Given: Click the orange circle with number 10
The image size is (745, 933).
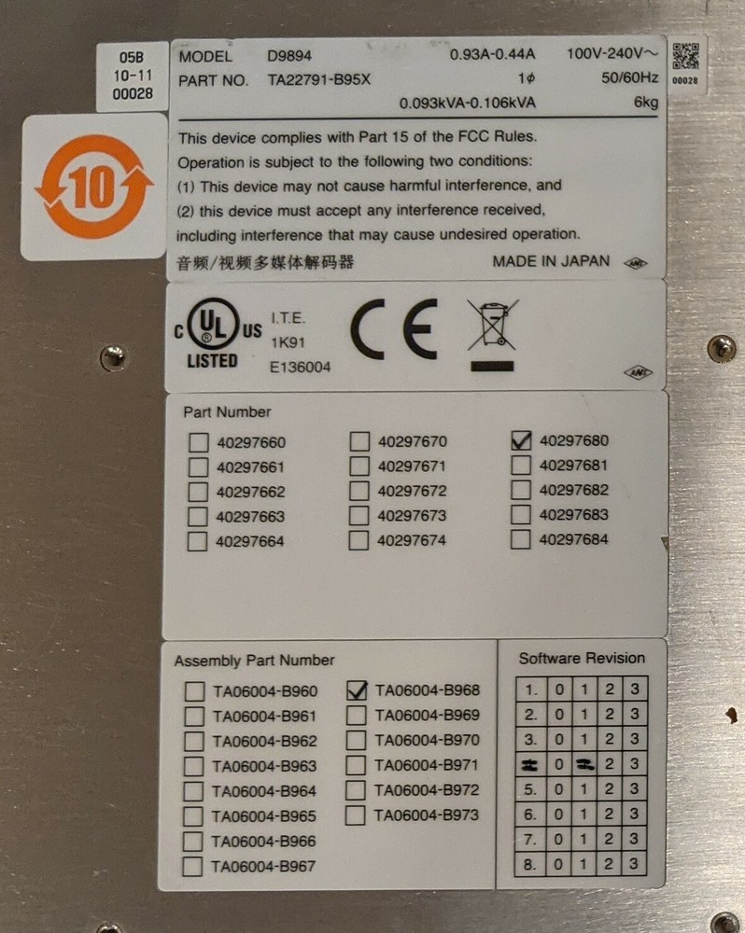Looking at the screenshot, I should click(93, 187).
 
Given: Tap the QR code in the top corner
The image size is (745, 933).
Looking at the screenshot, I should click(685, 56).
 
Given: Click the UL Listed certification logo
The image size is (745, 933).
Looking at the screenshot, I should click(213, 333).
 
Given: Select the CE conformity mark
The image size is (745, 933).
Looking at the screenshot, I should click(393, 332).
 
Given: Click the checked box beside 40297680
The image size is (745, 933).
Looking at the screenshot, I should click(521, 440).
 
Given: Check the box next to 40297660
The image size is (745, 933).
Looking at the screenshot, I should click(198, 442).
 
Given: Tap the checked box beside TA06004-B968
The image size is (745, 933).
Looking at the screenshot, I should click(356, 690).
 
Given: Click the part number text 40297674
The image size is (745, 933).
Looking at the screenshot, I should click(412, 540).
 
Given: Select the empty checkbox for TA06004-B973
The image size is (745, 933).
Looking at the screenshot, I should click(356, 815).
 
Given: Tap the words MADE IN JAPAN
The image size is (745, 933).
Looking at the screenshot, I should click(551, 261).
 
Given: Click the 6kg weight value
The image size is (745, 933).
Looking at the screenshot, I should click(644, 103).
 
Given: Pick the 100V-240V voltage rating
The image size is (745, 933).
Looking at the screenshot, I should click(611, 54).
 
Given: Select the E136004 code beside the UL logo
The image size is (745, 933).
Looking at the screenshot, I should click(300, 368).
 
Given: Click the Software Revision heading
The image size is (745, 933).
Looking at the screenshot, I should click(582, 658).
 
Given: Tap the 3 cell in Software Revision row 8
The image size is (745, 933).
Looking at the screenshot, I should click(635, 864).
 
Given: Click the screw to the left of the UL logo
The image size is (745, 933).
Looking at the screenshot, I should click(113, 355).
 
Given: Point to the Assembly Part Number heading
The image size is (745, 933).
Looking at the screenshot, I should click(254, 661).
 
